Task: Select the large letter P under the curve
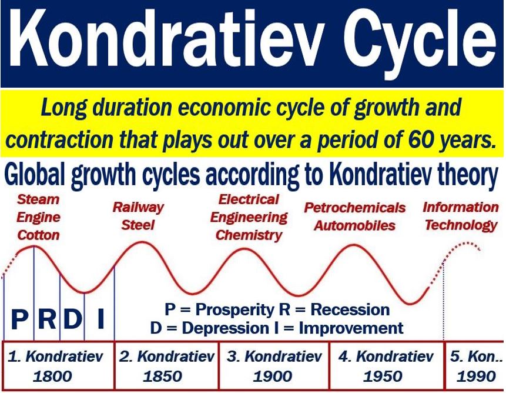pos(19,318)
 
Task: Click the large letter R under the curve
pos(47,318)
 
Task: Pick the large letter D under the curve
pos(72,318)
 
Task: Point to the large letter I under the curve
pos(100,318)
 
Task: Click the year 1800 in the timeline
pos(52,376)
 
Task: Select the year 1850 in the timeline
pos(163,376)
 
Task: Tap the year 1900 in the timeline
pos(273,376)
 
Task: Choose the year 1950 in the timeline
pos(383,376)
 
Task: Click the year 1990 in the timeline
pos(476,376)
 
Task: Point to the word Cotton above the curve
pos(38,235)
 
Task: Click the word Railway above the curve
pos(138,208)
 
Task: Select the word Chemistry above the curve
pos(249,235)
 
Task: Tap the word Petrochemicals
pos(354,208)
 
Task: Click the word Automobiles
pos(354,225)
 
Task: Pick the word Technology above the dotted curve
pos(461,225)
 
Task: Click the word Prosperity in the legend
pos(234,310)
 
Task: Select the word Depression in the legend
pos(225,328)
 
